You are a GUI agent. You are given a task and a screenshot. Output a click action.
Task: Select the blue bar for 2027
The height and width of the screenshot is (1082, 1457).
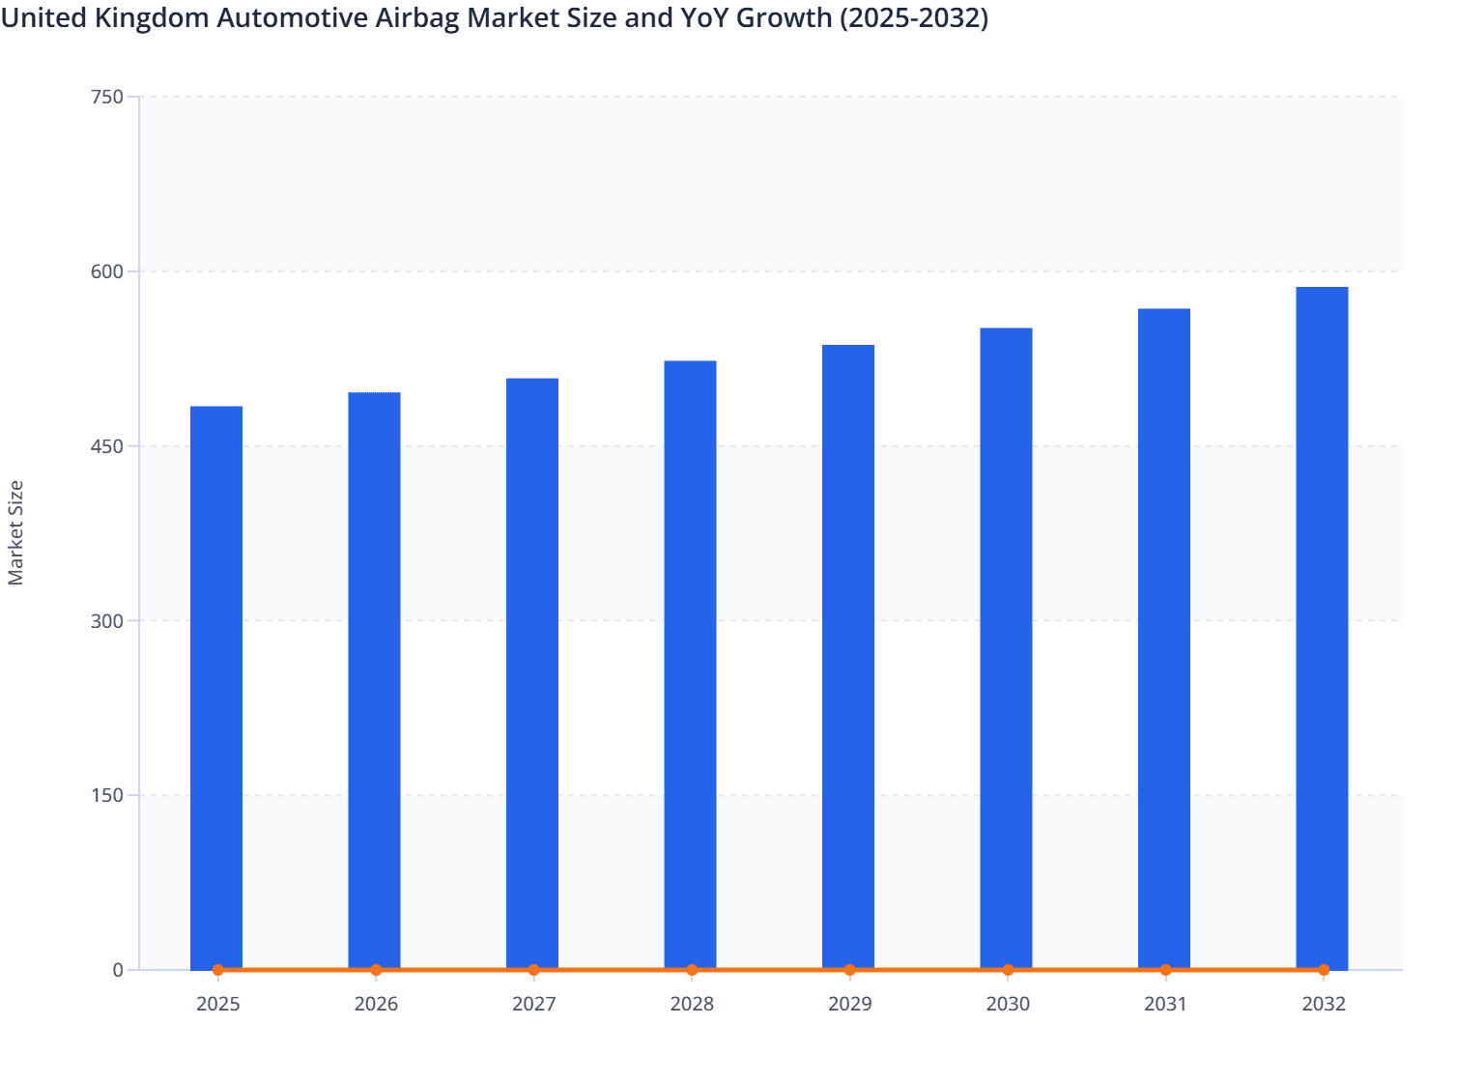(532, 673)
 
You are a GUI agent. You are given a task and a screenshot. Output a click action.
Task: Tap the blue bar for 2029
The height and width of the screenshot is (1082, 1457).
(848, 657)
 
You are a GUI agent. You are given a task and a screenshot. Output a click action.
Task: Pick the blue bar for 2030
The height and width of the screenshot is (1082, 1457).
(1006, 648)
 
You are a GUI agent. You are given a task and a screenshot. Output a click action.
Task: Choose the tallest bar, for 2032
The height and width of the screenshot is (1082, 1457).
(1322, 628)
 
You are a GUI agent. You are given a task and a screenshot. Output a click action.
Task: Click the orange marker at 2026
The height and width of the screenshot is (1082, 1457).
(376, 970)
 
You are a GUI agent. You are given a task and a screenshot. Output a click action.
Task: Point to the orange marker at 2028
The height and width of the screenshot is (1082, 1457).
(692, 970)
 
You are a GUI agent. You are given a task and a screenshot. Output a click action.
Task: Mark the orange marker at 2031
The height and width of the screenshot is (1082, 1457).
(1165, 970)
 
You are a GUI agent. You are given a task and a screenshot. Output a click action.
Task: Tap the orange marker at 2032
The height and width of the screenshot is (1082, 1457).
(1324, 970)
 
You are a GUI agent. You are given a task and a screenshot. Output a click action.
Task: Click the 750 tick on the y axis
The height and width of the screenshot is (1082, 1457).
(106, 97)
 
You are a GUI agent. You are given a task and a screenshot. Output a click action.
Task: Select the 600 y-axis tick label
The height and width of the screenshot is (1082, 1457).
(106, 271)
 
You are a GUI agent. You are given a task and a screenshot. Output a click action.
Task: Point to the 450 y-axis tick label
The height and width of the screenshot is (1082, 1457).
(106, 446)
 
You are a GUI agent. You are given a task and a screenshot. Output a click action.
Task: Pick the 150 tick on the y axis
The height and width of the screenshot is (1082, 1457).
(106, 796)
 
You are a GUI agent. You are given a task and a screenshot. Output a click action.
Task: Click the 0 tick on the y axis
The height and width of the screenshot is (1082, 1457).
(118, 970)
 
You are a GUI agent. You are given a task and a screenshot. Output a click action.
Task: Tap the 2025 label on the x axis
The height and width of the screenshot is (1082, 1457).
(217, 1004)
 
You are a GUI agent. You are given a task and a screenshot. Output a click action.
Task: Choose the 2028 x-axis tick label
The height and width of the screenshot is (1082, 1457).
(692, 1004)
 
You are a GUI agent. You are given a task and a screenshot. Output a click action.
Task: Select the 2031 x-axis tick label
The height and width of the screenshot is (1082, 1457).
(1165, 1004)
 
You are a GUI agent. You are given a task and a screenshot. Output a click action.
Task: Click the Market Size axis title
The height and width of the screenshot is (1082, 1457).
(15, 532)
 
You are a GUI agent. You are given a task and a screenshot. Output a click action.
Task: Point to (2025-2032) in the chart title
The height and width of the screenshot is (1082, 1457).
(913, 17)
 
